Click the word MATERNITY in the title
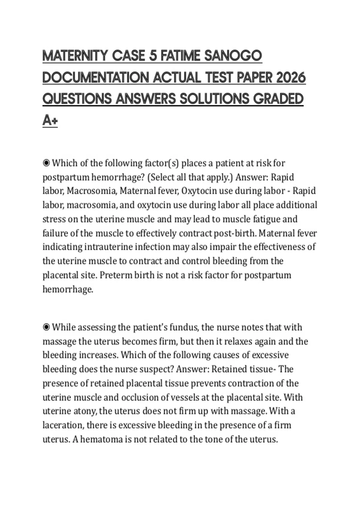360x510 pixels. coord(75,56)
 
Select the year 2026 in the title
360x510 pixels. coord(290,77)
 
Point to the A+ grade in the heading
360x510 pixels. coord(50,121)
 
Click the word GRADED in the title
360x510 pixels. coord(278,99)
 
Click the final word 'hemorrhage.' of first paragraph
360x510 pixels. coord(68,289)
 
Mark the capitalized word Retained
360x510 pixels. coord(229,369)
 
